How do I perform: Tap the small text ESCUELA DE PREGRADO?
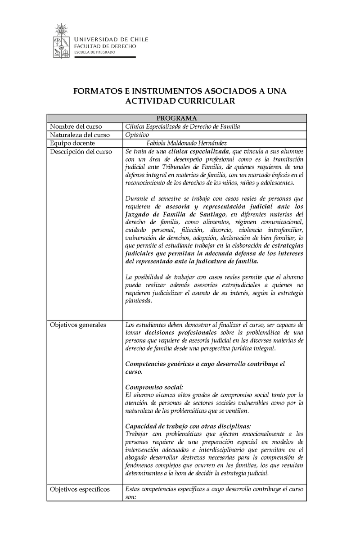coord(94,52)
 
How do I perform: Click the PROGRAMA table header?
coord(177,118)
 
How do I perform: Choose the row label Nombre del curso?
coord(76,126)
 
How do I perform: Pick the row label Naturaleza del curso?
coord(80,135)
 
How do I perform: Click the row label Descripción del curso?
coord(81,152)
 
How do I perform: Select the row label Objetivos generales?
coord(78,325)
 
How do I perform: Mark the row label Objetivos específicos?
coord(80,489)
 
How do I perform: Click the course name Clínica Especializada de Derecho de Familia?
coord(183,126)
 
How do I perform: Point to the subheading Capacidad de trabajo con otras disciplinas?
coord(188,426)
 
